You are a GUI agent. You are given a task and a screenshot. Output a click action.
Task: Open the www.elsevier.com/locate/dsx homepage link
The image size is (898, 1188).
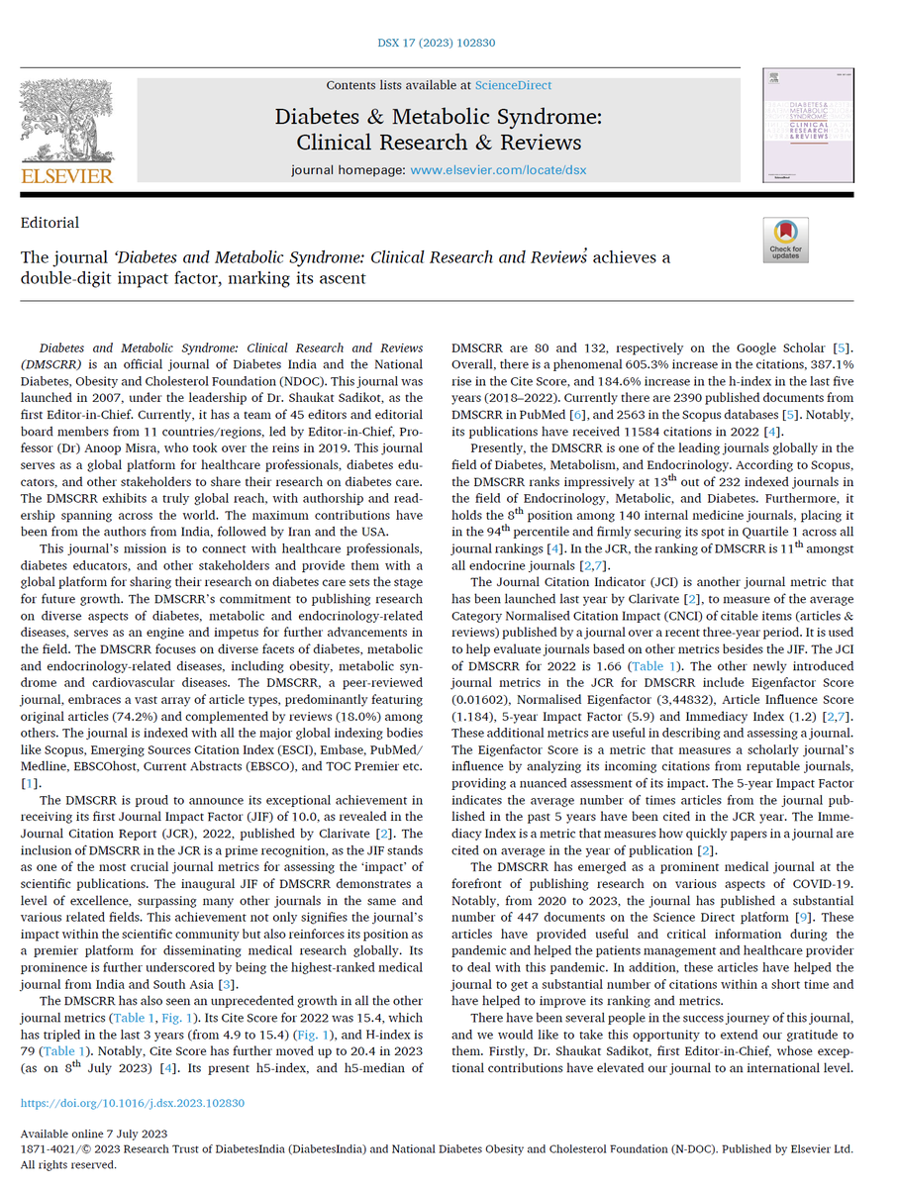[498, 169]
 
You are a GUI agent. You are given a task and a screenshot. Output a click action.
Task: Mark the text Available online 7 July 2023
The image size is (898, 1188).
[94, 1134]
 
